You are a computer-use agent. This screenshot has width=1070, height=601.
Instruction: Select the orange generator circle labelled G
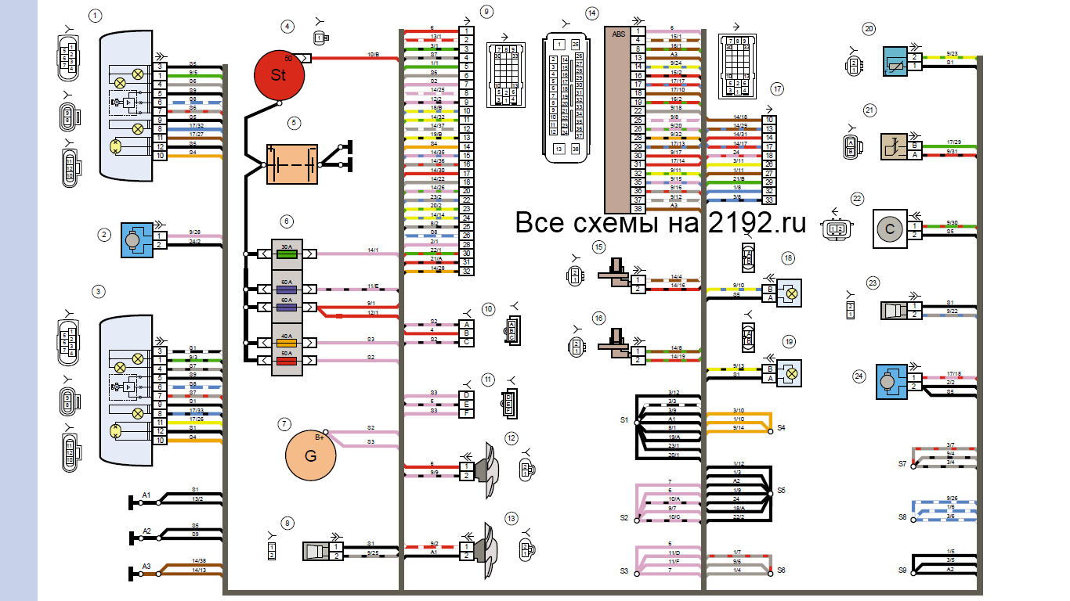click(x=310, y=455)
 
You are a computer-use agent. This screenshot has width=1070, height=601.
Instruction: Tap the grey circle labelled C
click(x=890, y=229)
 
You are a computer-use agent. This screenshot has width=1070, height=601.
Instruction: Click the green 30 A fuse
click(x=287, y=254)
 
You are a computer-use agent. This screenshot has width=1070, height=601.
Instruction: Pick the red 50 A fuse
click(x=287, y=361)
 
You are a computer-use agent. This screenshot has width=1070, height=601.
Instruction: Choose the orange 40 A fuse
click(x=287, y=342)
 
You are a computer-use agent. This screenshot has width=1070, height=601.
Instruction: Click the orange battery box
click(x=291, y=164)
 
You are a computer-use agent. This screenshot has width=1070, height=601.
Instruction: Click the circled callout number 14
click(x=591, y=13)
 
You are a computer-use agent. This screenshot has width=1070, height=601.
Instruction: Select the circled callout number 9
click(x=487, y=12)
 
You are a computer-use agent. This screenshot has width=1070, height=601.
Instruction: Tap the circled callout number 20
click(x=869, y=29)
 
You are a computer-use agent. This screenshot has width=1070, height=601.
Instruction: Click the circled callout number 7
click(x=284, y=423)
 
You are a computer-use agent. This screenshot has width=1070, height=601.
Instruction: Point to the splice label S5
click(x=781, y=491)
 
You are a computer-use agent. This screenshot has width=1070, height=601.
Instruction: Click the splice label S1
click(x=624, y=420)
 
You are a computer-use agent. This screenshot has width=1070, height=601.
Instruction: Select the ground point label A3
click(x=146, y=566)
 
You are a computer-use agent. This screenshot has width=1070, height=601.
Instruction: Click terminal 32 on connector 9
click(x=466, y=271)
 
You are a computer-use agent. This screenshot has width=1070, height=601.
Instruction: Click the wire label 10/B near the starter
click(x=373, y=55)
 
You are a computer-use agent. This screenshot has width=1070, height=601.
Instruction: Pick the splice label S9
click(x=902, y=570)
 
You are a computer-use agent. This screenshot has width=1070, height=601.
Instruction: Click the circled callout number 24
click(x=859, y=376)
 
